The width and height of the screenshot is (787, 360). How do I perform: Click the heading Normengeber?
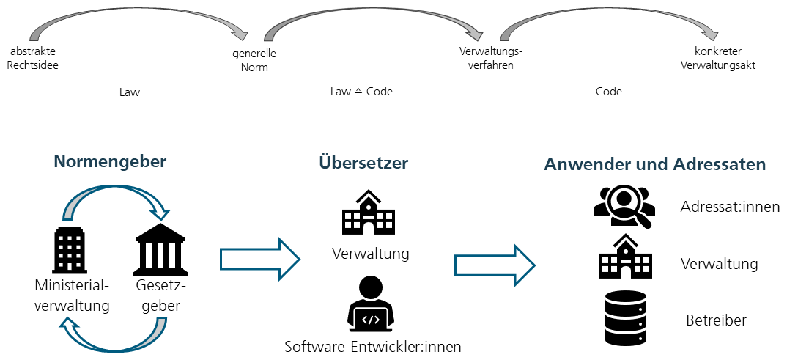(x=110, y=162)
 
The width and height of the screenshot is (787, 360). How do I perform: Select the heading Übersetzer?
(x=363, y=163)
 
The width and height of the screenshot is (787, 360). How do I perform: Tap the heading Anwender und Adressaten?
(x=655, y=164)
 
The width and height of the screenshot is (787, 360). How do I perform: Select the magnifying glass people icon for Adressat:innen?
(x=622, y=207)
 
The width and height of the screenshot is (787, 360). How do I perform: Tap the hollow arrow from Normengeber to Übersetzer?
(x=260, y=259)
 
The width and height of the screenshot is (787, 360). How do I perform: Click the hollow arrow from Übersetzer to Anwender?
(x=495, y=265)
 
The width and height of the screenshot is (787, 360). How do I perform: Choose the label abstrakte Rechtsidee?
(x=33, y=58)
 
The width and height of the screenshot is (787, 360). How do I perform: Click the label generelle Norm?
(x=254, y=60)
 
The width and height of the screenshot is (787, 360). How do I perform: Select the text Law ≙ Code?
(x=361, y=92)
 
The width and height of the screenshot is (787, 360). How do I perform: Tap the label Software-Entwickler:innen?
(x=372, y=347)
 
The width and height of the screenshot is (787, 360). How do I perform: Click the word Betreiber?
(x=716, y=320)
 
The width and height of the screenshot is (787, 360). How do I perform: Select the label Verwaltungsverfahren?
(x=491, y=58)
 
